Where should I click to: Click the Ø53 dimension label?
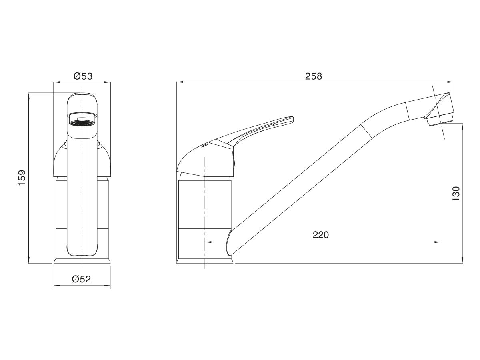[x=83, y=76]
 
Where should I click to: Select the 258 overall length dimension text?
[x=314, y=76]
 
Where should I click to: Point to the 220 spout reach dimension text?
[x=320, y=235]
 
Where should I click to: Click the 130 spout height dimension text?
[x=456, y=194]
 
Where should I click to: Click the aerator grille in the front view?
[x=82, y=123]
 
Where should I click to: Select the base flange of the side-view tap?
[x=205, y=261]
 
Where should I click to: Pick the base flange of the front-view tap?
[x=82, y=261]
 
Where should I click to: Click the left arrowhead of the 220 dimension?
[x=208, y=242]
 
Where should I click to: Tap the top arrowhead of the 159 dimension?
[x=29, y=96]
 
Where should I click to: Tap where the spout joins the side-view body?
[x=230, y=242]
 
